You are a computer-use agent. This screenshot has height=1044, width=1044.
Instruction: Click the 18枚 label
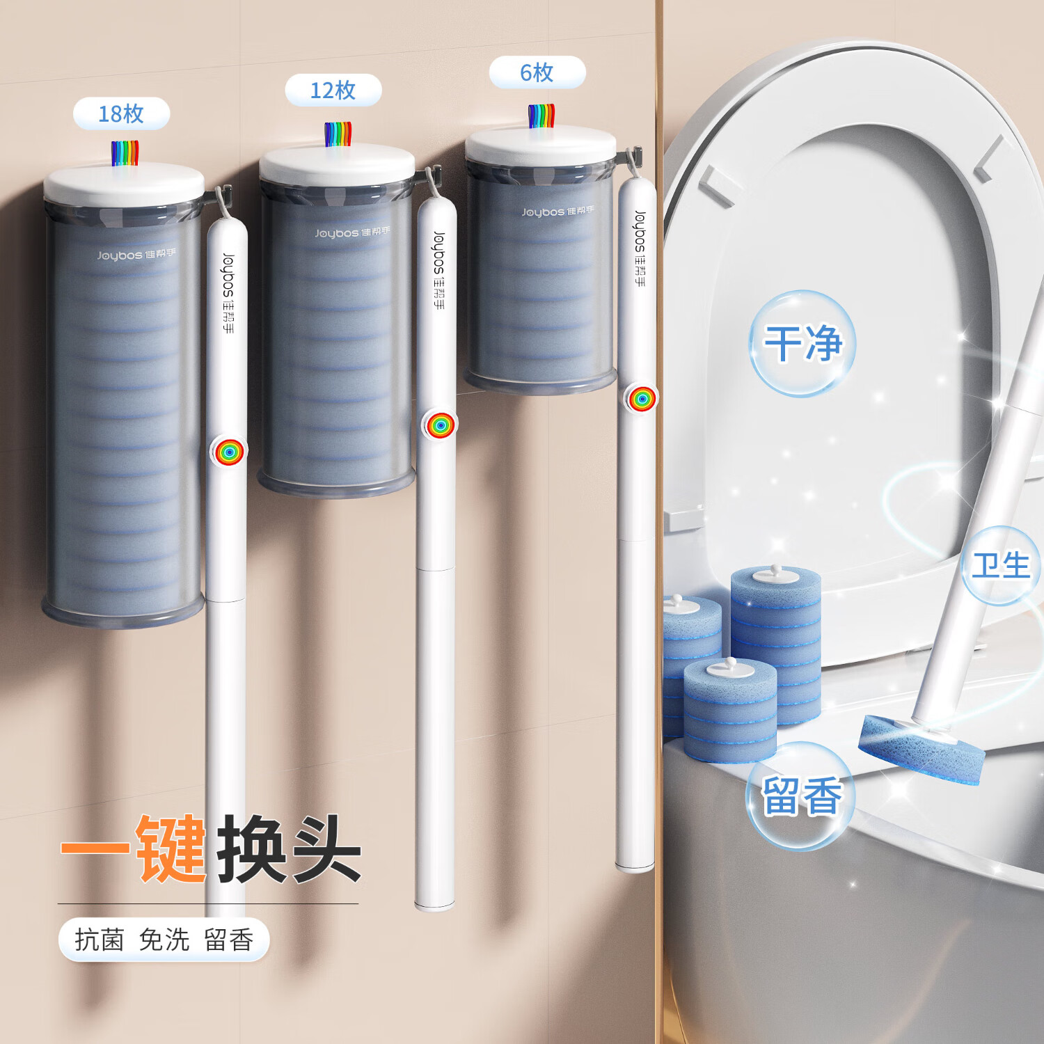tap(121, 113)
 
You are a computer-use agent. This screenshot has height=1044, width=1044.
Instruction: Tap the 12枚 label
tap(333, 90)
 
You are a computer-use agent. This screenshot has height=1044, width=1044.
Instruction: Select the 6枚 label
tap(537, 72)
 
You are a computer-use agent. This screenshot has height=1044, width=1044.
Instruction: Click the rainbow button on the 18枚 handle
tap(228, 452)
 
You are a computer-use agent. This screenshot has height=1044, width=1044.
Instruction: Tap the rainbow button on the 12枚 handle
tap(440, 425)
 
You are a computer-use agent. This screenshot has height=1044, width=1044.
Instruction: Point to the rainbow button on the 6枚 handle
tap(641, 398)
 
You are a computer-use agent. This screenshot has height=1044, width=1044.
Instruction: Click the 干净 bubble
tap(802, 343)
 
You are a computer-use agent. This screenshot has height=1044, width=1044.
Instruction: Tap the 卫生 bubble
tap(1001, 565)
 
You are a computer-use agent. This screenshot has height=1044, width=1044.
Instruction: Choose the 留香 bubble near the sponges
tap(801, 796)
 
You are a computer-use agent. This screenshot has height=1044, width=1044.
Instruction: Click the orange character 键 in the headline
tap(171, 849)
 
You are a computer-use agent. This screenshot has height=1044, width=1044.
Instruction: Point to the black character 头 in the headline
tap(326, 849)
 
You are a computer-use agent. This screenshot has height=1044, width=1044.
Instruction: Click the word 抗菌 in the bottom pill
tap(100, 940)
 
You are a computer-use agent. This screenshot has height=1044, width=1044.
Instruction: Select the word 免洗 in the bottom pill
tap(164, 940)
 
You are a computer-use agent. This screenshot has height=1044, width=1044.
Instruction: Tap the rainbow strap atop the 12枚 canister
tap(338, 134)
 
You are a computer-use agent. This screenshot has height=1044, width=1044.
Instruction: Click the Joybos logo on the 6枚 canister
tap(557, 211)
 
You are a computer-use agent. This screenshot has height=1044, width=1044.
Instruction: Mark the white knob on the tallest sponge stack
tap(775, 572)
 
